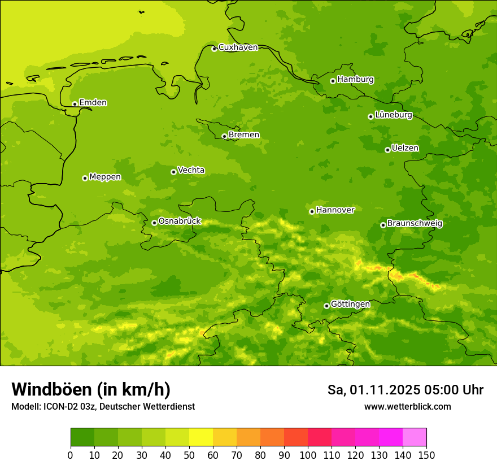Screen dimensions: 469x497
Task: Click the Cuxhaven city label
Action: tap(238, 47)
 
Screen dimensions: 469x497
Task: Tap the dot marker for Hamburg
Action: tap(333, 81)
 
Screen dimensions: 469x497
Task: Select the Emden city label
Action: tap(93, 103)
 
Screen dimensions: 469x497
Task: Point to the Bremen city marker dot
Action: tap(224, 136)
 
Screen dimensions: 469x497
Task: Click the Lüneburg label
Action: tap(393, 115)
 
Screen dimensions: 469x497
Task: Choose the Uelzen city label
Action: tap(405, 149)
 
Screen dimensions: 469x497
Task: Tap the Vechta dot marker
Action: tap(173, 172)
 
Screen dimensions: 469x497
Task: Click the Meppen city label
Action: tap(105, 177)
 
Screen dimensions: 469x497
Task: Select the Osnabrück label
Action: tap(180, 222)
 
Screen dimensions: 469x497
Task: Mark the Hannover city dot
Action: tap(312, 212)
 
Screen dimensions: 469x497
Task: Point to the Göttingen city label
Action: tap(350, 305)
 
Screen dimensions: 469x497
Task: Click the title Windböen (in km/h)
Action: tap(91, 390)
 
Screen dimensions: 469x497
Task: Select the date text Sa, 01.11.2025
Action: tap(373, 390)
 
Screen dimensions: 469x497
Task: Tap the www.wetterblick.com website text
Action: tap(407, 407)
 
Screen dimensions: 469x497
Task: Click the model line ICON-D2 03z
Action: tap(73, 407)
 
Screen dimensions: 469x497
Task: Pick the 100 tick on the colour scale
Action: tap(308, 455)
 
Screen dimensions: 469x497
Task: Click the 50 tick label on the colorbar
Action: tap(189, 455)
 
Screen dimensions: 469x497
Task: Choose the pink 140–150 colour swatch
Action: tap(415, 437)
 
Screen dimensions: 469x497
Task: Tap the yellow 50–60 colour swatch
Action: tap(201, 437)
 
